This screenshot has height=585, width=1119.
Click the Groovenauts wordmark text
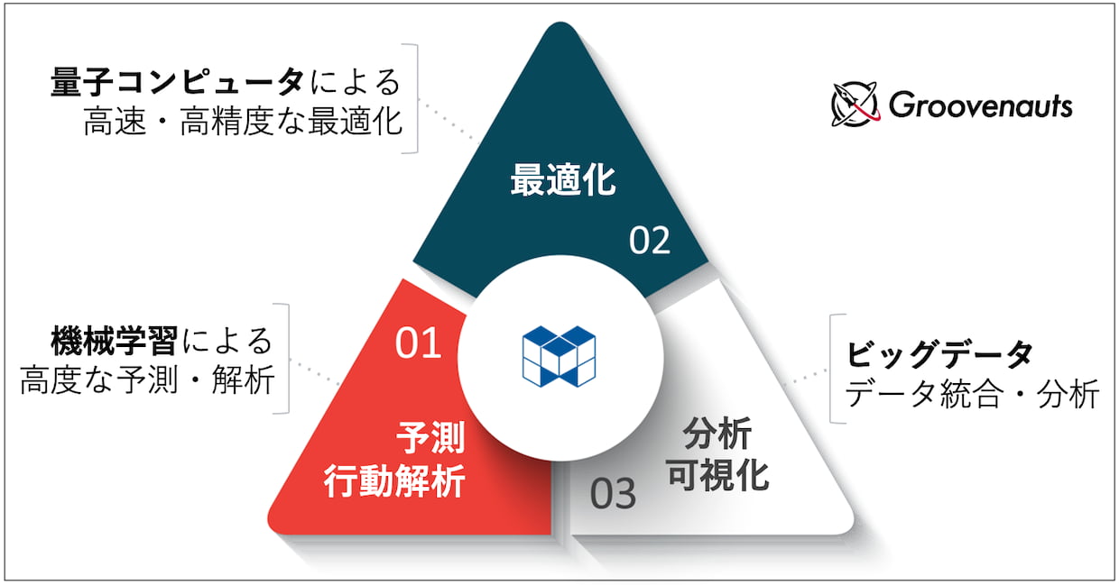click(x=981, y=105)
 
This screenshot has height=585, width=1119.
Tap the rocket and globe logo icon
click(x=855, y=104)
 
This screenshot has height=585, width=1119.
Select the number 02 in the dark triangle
click(x=650, y=241)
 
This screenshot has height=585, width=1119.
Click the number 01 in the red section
click(x=418, y=343)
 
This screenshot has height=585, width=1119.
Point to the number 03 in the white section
click(x=613, y=494)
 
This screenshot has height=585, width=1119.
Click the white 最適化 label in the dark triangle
click(x=563, y=180)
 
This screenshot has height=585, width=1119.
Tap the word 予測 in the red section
click(x=431, y=438)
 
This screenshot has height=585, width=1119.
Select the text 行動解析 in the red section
click(x=394, y=481)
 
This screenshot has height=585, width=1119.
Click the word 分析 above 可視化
click(x=717, y=434)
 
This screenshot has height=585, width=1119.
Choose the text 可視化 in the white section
click(x=717, y=476)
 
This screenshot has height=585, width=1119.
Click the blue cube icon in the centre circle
click(x=559, y=356)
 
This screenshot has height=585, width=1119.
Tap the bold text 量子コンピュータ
click(x=178, y=82)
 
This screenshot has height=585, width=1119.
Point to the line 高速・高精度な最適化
click(x=243, y=122)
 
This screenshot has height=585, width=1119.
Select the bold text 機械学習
click(x=115, y=342)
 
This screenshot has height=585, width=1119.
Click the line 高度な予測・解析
click(x=147, y=380)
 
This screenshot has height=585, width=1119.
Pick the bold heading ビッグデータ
click(x=939, y=354)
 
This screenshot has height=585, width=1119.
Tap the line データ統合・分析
click(x=972, y=394)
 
